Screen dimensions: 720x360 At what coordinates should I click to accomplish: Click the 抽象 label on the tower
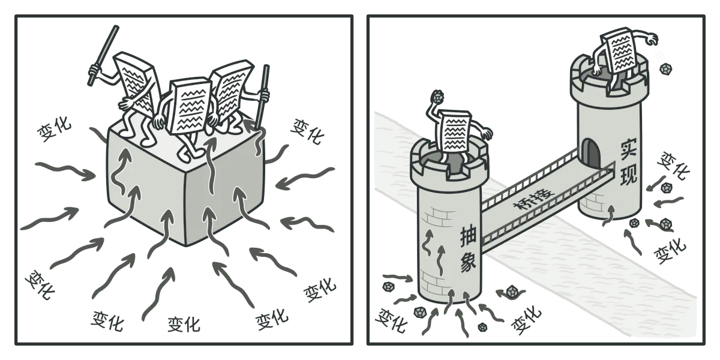[x=468, y=250]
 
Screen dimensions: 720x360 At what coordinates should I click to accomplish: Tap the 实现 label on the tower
[x=629, y=163]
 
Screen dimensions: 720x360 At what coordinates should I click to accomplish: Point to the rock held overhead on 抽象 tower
[x=437, y=97]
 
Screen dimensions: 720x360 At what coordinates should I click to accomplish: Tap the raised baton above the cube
[x=103, y=55]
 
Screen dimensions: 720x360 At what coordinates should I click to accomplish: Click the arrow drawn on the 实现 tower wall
[x=607, y=216]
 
